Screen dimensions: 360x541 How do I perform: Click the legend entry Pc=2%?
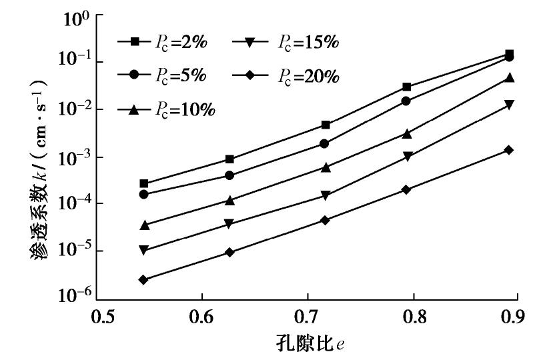(163, 41)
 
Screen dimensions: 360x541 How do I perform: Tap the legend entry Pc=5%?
(163, 75)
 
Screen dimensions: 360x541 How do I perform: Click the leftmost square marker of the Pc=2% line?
(143, 183)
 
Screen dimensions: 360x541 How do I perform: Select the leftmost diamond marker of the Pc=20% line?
(143, 279)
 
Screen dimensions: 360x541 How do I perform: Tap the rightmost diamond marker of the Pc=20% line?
(509, 150)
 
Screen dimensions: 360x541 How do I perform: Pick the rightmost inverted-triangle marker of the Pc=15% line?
(509, 105)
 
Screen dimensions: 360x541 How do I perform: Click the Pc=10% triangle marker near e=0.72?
(326, 167)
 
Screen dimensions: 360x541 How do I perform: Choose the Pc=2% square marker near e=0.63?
(229, 159)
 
